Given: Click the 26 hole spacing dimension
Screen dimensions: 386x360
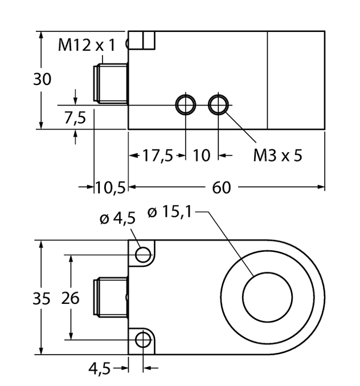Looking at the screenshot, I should [x=69, y=298].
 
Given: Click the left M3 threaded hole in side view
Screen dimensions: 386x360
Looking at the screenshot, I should [x=186, y=104].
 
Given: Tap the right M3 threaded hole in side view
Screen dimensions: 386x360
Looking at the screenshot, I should [x=219, y=104].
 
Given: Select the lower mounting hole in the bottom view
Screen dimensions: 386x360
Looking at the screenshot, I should [x=144, y=340].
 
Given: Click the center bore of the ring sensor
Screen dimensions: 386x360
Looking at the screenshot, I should [x=267, y=297].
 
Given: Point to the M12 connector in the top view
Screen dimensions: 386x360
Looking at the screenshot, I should [x=111, y=84].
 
